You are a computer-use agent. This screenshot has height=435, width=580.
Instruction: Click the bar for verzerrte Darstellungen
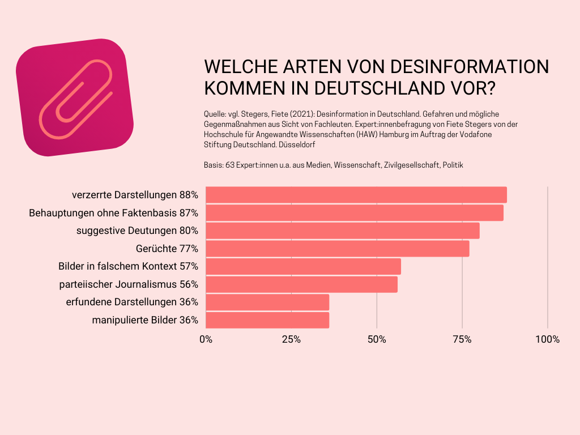(356, 195)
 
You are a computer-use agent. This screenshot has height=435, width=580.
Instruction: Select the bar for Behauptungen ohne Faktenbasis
(354, 213)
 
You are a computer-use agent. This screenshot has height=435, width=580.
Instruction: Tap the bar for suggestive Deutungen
(342, 231)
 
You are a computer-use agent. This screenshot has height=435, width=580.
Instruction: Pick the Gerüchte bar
(337, 249)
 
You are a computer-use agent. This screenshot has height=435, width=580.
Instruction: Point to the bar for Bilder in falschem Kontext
(303, 266)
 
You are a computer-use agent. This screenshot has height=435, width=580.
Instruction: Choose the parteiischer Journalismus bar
(301, 284)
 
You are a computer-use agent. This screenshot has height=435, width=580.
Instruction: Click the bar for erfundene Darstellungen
(267, 302)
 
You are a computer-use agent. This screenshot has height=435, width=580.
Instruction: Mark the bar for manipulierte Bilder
(267, 320)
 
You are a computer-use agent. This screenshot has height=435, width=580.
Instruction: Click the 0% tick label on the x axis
(206, 340)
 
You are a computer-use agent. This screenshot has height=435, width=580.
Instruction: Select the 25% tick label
(291, 340)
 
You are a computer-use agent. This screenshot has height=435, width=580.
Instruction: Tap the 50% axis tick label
(377, 340)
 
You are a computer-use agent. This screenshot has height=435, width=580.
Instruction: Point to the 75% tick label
(462, 340)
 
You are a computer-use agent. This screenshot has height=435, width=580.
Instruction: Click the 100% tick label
(547, 340)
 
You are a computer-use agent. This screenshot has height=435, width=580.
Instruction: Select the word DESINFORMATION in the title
(471, 67)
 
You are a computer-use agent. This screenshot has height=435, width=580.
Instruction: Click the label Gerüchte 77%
(167, 249)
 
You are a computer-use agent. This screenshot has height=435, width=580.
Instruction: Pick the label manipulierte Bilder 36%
(145, 320)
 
